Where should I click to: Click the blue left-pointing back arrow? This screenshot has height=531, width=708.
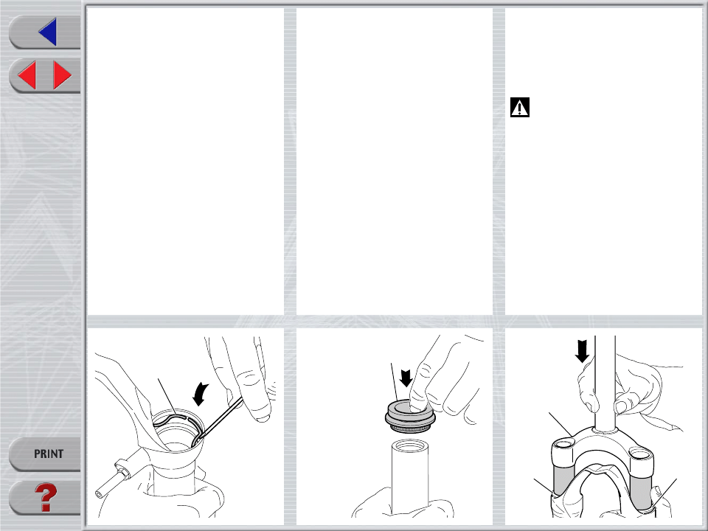49,32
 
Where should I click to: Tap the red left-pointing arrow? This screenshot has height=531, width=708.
27,75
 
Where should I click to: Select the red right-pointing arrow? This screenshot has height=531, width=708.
62,75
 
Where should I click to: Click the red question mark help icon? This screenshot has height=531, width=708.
46,497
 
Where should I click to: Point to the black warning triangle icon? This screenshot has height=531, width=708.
520,108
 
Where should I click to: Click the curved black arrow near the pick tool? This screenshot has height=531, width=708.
200,394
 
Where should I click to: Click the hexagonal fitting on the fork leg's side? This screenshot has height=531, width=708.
123,469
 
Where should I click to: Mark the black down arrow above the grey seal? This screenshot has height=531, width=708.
406,378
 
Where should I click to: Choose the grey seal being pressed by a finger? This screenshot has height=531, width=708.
410,416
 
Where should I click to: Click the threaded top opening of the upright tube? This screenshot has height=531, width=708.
410,446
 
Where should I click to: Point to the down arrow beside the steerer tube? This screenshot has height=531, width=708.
582,351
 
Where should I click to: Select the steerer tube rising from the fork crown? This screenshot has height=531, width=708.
605,383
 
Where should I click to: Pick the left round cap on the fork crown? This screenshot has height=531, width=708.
563,445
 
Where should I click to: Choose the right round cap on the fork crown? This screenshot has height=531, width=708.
641,452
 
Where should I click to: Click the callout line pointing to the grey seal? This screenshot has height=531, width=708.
394,382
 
